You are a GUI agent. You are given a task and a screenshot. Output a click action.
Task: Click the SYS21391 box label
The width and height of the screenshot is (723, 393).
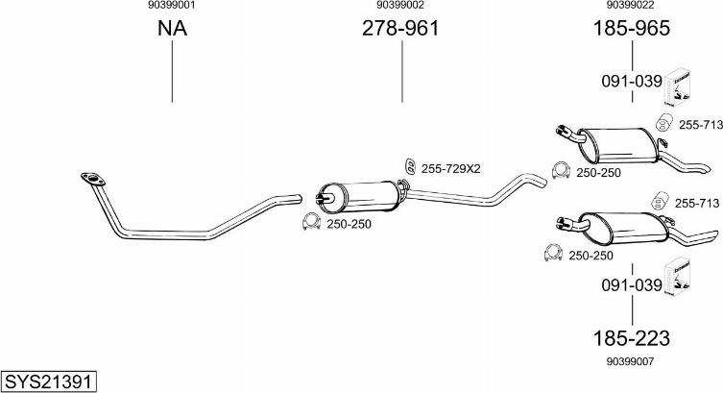point(49,381)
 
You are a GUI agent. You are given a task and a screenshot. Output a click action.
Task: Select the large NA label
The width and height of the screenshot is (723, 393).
point(172,28)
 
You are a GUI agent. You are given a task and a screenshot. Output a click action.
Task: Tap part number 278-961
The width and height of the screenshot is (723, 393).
point(400,28)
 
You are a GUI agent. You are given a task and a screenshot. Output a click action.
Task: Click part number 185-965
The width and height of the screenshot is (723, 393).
point(631,28)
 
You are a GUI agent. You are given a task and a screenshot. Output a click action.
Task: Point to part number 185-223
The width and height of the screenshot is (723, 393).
point(631,338)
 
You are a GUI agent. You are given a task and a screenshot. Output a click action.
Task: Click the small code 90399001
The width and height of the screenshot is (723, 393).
point(172,5)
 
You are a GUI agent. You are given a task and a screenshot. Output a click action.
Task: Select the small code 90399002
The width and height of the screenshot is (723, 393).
point(400,5)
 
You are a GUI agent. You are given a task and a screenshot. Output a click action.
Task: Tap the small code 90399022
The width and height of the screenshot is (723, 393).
point(630,5)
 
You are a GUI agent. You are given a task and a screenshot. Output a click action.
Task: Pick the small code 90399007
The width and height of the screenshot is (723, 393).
point(630,361)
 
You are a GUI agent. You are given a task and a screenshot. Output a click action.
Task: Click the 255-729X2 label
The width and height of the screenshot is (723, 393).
point(450,169)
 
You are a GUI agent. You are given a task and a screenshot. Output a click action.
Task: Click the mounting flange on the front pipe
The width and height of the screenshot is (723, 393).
point(93,179)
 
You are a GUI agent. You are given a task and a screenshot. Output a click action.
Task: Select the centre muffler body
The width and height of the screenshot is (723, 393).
point(360,197)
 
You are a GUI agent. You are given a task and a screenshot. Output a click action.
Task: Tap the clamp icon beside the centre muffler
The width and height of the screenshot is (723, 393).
point(311,222)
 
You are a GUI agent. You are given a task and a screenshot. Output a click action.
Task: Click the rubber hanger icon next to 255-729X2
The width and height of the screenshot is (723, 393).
point(409,167)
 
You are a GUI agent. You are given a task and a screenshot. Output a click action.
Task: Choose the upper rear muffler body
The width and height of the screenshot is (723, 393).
point(617,144)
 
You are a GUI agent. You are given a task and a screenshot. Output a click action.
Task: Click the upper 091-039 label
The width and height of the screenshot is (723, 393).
point(631,81)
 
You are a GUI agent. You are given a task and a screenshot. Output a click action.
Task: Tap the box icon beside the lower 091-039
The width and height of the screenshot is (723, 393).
point(677,276)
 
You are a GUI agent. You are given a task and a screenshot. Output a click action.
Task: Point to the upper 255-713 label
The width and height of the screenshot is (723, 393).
point(700,125)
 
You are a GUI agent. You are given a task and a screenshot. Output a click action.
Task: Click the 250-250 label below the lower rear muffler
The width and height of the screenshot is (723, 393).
point(590,256)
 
